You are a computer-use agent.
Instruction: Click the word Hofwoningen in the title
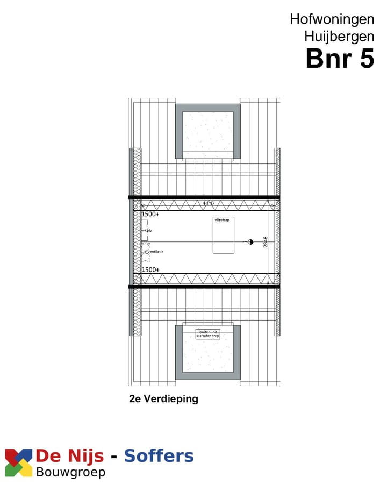pos(332,19)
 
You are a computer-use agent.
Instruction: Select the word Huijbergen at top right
pos(339,37)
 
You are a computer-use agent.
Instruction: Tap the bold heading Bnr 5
pos(339,59)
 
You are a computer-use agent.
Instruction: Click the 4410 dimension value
pos(207,203)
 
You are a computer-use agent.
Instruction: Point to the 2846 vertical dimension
pos(266,242)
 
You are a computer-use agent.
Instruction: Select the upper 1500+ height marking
pos(150,214)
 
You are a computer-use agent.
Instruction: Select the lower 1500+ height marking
pos(150,269)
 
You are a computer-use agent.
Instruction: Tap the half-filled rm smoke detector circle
pos(250,242)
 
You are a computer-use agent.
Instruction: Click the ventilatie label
pos(156,252)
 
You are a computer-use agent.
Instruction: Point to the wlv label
pos(149,231)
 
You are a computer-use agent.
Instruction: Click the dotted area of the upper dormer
pos(207,132)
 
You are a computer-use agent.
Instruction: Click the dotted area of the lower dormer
pos(207,355)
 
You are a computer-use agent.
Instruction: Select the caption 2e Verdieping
pos(163,399)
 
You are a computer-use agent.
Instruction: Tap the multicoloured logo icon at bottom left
pos(18,462)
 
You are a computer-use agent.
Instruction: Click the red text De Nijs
pos(69,457)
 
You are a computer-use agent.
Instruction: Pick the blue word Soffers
pos(159,457)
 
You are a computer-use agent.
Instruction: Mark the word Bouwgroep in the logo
pos(70,472)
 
